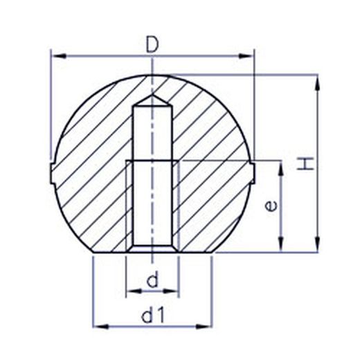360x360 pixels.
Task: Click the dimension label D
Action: (x=152, y=45)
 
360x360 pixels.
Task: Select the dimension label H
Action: (x=305, y=163)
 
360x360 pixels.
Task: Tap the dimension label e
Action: (x=271, y=206)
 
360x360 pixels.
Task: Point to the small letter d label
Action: (x=153, y=279)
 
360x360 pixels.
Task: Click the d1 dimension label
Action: (x=153, y=314)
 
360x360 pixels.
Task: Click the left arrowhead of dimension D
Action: (x=60, y=56)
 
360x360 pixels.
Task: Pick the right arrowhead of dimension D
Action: (x=245, y=56)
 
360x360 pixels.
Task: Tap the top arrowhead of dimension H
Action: (x=317, y=82)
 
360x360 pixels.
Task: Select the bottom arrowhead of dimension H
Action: (x=317, y=244)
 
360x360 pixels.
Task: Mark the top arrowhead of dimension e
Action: (x=280, y=169)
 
